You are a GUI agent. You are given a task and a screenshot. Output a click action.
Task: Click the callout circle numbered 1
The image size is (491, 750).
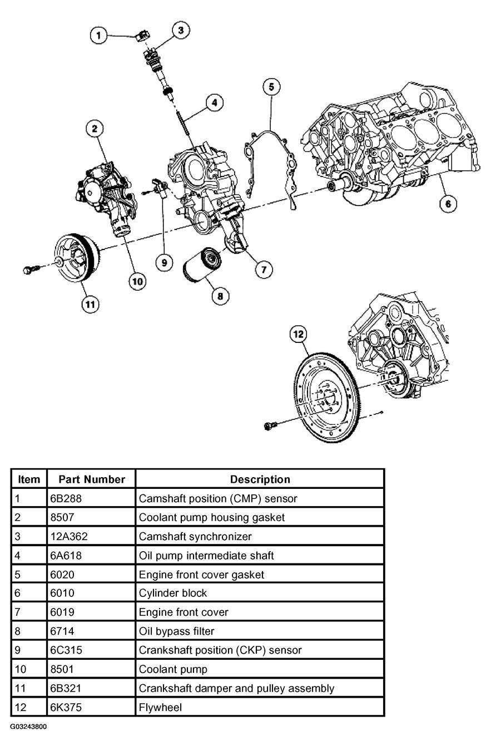tap(98, 36)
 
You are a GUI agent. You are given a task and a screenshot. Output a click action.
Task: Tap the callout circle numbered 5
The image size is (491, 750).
tap(271, 86)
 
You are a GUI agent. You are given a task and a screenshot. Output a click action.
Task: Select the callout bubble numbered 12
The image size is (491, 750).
tap(298, 334)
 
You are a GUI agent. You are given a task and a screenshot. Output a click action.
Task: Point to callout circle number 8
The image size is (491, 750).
tap(220, 296)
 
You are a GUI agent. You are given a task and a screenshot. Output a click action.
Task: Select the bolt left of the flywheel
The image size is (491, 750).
tap(271, 427)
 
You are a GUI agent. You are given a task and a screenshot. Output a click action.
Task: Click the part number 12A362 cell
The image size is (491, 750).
tap(91, 536)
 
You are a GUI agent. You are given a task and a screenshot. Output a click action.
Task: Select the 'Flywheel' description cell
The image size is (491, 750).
tap(259, 707)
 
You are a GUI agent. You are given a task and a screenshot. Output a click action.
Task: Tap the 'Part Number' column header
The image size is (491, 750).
tap(91, 479)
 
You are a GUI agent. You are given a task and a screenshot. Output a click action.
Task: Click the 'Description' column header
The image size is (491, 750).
tap(259, 479)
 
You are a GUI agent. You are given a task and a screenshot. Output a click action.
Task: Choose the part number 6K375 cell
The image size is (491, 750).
tap(91, 707)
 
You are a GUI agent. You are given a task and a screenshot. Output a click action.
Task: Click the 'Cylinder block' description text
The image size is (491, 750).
tap(173, 593)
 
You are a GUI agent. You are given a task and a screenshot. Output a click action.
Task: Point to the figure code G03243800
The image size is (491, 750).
tap(28, 727)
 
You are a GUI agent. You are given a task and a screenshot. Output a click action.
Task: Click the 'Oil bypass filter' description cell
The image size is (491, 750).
tap(259, 631)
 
